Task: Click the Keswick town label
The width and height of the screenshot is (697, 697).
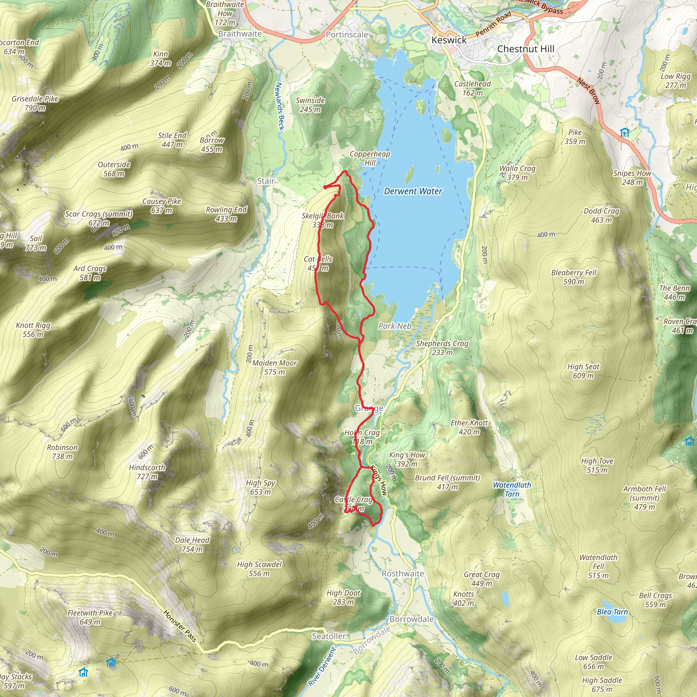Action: click(x=449, y=40)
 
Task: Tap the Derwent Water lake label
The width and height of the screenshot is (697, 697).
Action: click(x=413, y=191)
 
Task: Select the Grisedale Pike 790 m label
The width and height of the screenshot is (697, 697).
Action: click(x=35, y=103)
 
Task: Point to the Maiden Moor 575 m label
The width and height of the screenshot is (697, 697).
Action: click(x=275, y=367)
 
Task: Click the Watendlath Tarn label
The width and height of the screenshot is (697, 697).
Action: click(x=512, y=489)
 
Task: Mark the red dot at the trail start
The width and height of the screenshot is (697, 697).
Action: click(x=325, y=187)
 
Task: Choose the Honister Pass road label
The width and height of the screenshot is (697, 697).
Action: click(x=180, y=626)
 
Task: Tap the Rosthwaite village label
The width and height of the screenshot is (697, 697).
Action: click(x=403, y=573)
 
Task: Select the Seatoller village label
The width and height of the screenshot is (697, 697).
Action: click(x=329, y=636)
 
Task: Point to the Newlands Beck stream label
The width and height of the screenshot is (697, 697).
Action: click(x=280, y=107)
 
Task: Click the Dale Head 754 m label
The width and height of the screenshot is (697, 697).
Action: click(x=192, y=545)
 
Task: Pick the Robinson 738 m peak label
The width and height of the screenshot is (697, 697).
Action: click(x=62, y=452)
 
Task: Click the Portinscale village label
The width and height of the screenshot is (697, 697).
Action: click(x=347, y=35)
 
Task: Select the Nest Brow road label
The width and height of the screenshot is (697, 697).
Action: click(x=588, y=91)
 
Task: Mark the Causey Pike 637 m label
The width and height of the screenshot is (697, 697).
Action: click(x=161, y=206)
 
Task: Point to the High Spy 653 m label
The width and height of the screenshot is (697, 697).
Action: click(x=260, y=487)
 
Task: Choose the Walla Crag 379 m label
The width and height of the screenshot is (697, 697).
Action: click(x=517, y=173)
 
